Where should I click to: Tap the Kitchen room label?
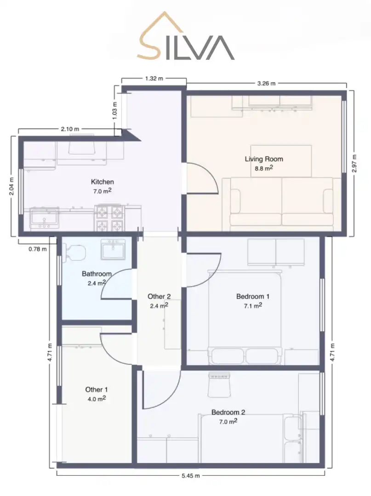[102, 182]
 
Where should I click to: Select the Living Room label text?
[264, 159]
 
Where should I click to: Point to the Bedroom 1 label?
[253, 296]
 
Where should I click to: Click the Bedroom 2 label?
[228, 412]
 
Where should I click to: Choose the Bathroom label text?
[97, 274]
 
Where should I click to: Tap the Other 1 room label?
[97, 389]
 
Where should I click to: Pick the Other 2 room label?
[159, 296]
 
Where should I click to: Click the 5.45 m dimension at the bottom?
[191, 475]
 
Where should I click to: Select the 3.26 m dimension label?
[266, 84]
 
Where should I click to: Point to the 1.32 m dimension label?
[154, 79]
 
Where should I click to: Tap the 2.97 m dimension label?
[354, 163]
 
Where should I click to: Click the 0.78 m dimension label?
[38, 249]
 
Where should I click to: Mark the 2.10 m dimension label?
[70, 129]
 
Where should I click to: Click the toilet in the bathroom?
[75, 253]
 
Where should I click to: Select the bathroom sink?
[113, 249]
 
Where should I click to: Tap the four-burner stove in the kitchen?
[109, 218]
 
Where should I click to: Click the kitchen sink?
[44, 218]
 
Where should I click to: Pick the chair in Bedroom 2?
[219, 384]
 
